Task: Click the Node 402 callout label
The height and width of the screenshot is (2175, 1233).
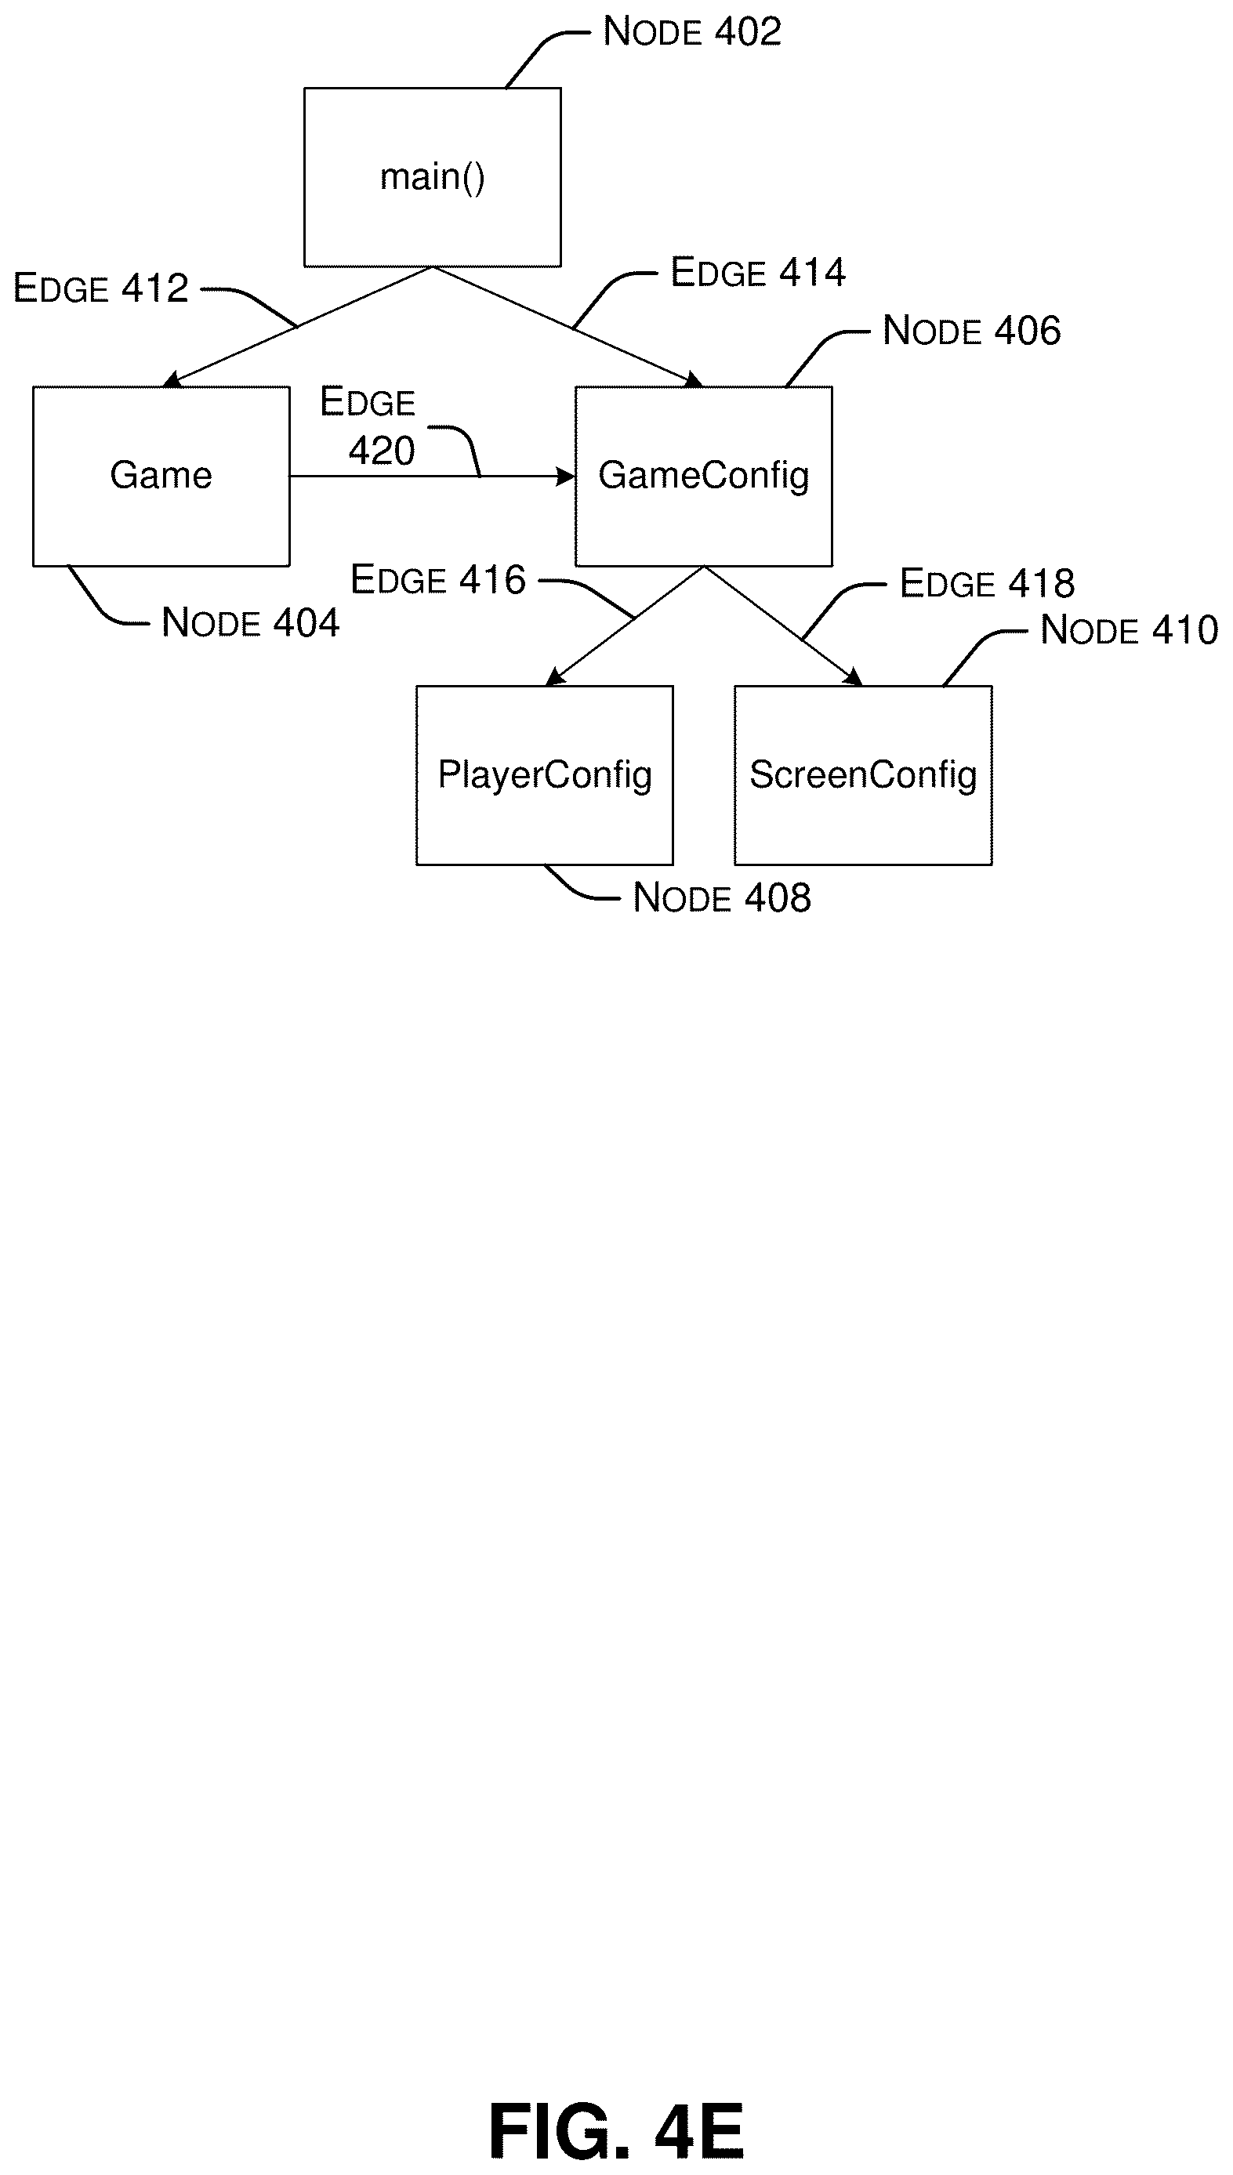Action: [692, 32]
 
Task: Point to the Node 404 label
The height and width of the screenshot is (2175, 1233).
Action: [250, 623]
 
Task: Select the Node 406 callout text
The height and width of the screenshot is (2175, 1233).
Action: [971, 331]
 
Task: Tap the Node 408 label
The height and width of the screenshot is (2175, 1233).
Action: [721, 898]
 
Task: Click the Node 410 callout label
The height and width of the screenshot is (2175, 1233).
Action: [1129, 631]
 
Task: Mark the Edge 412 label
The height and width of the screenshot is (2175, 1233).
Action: [101, 288]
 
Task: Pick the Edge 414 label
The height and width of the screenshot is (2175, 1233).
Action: [758, 273]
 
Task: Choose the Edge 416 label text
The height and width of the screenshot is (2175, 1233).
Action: [438, 580]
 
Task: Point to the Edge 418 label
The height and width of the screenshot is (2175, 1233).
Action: [987, 583]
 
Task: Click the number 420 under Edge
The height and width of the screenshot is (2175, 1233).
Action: [382, 451]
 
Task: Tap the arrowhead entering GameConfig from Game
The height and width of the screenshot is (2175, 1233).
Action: [566, 477]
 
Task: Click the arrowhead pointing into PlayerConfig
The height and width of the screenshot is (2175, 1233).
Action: [554, 677]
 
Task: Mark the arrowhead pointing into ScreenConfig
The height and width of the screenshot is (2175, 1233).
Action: [854, 677]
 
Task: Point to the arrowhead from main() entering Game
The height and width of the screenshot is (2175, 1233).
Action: [172, 379]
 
